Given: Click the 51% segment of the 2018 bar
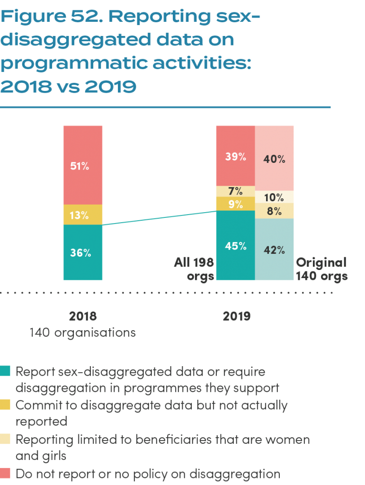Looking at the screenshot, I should (x=83, y=165).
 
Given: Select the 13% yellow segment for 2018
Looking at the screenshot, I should (x=83, y=215).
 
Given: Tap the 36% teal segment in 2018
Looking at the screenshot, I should (x=83, y=252).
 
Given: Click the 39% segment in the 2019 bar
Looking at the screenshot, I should (x=235, y=156).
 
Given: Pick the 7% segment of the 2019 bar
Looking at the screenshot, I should (x=235, y=191).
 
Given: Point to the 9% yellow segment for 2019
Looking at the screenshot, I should (x=235, y=204).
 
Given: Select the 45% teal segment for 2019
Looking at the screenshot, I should (x=235, y=246).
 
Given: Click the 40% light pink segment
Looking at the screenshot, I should (x=275, y=159).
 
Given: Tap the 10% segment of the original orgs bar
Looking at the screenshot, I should (x=275, y=197).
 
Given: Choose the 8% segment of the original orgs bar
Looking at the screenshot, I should (x=275, y=211).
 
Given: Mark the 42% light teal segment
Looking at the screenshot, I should (x=275, y=250).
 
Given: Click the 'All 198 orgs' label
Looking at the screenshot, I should (x=194, y=269).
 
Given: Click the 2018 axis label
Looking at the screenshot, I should (x=83, y=316).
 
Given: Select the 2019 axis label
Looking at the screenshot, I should (x=237, y=316).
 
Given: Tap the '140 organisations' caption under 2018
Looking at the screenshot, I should (x=83, y=332).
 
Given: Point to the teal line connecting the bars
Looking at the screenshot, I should (x=159, y=218).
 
